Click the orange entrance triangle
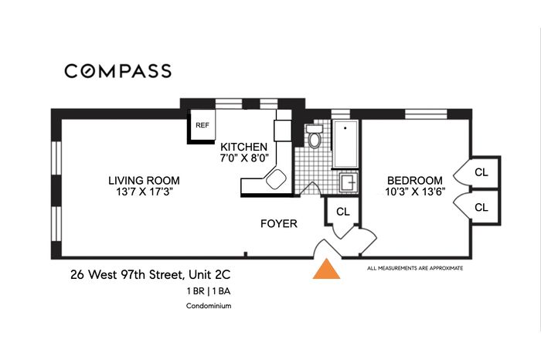point(326,269)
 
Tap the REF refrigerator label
point(202,125)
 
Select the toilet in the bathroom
point(314,137)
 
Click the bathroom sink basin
point(348,182)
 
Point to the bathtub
point(345,144)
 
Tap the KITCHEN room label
point(244,147)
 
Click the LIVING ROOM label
point(144,180)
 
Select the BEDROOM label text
point(415,180)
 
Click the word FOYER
point(279,223)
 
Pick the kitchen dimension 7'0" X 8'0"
point(244,158)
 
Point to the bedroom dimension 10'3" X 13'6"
point(415,192)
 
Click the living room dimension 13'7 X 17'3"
point(144,192)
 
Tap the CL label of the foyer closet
point(343,212)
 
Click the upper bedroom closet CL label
point(481,172)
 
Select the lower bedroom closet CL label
point(481,207)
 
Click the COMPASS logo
point(118,71)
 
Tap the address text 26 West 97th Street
point(128,275)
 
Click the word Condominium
point(209,306)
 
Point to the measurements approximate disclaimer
point(415,268)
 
